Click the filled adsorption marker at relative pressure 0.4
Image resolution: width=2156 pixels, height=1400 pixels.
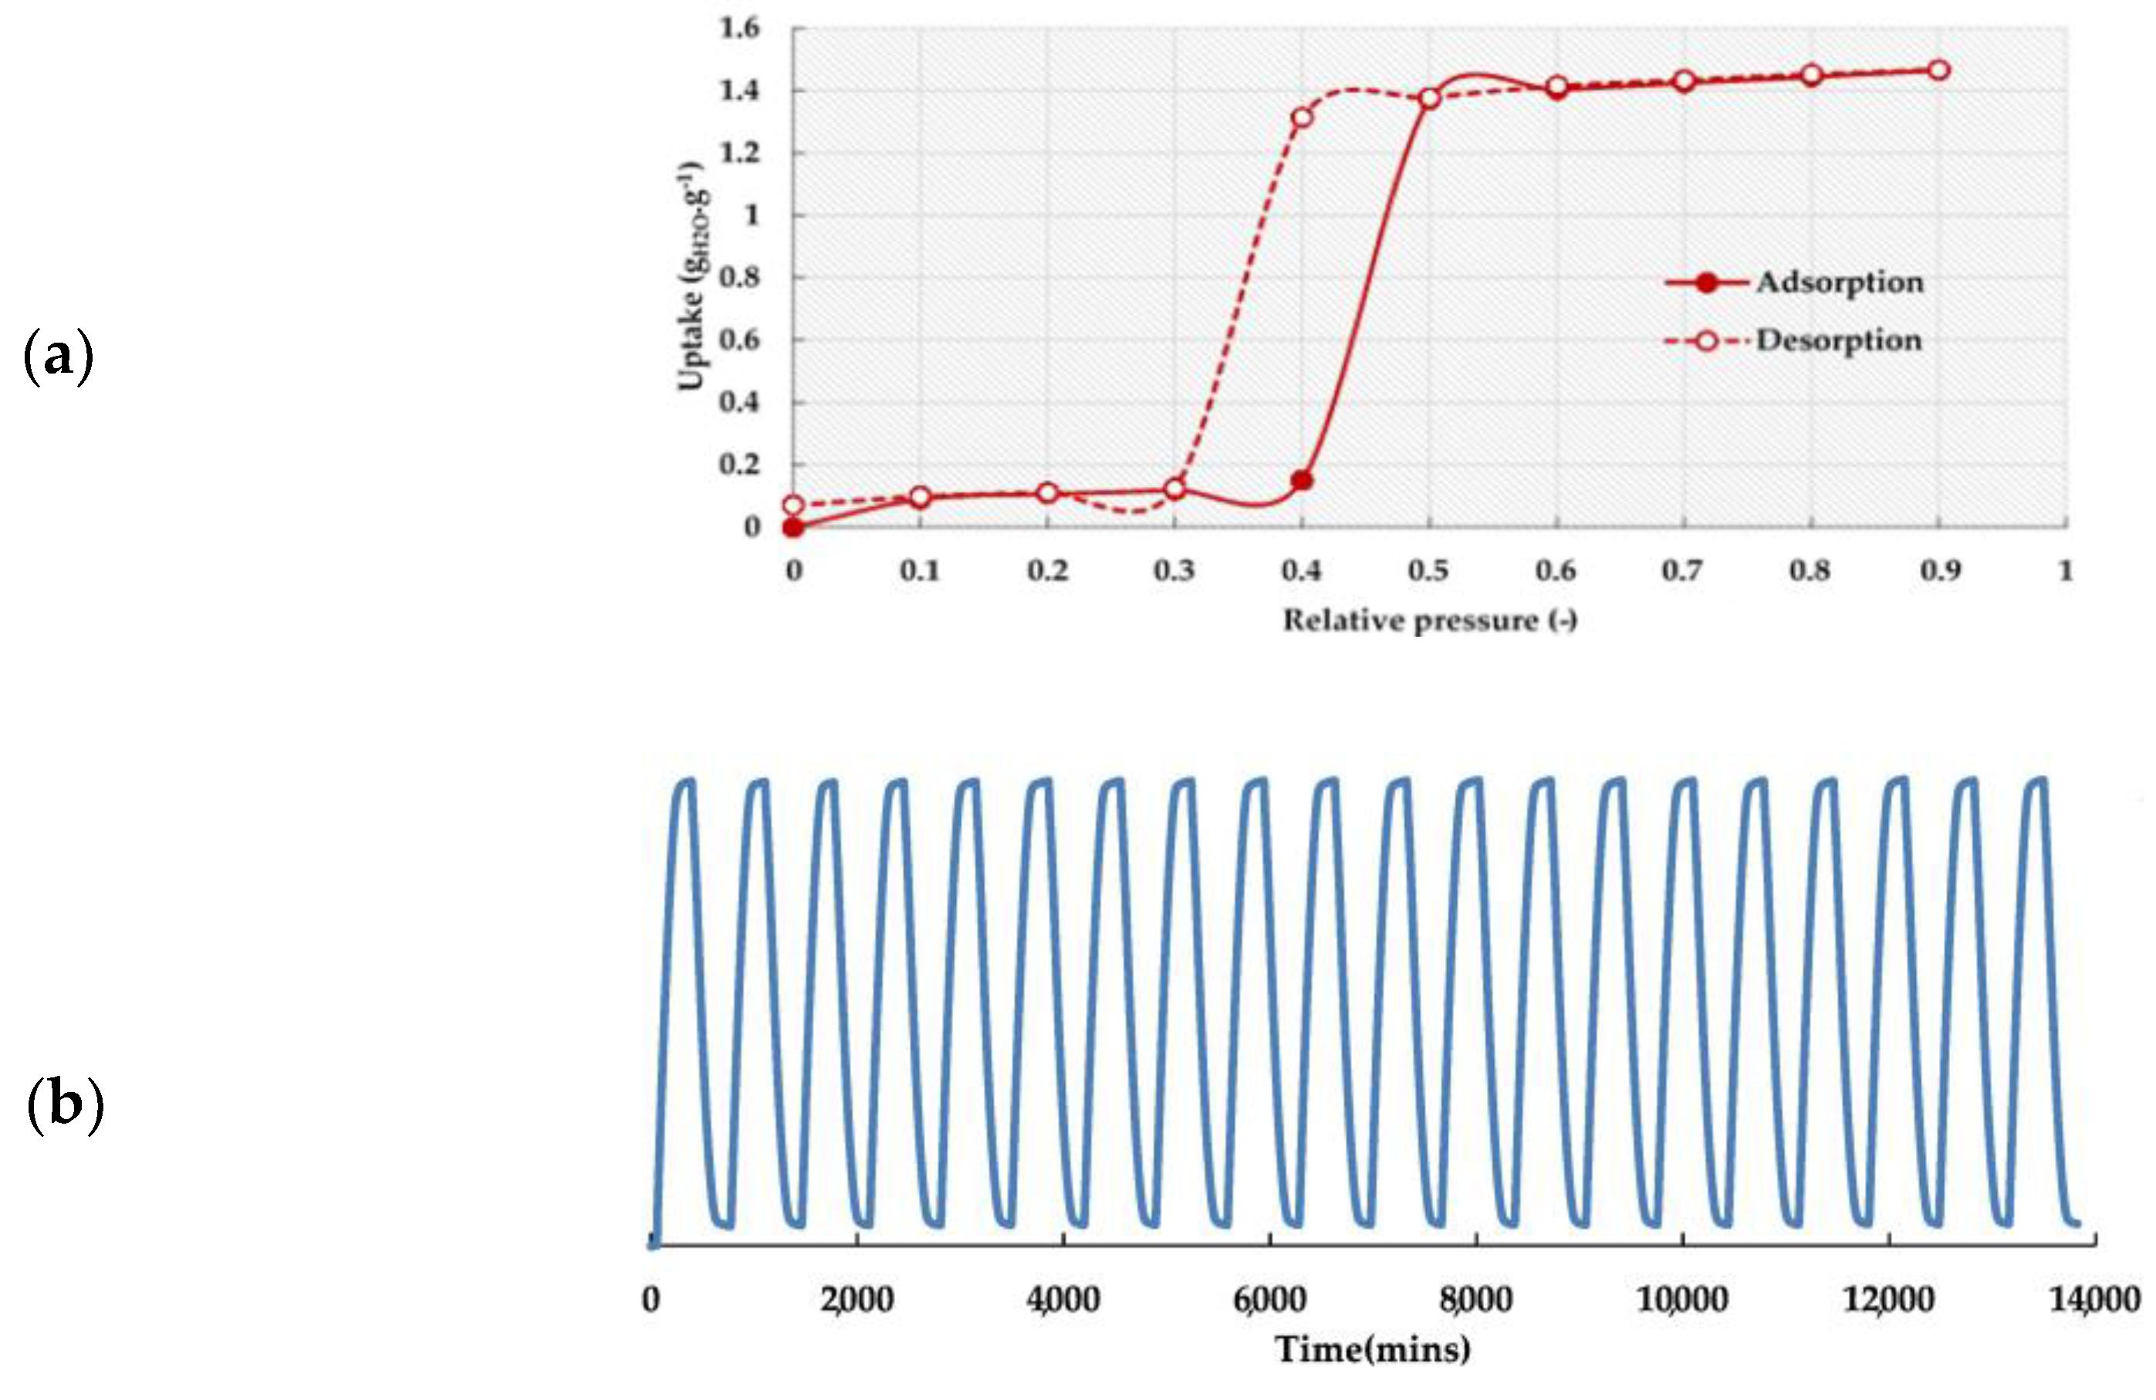click(1302, 480)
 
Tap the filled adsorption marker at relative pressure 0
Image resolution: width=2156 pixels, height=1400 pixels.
click(792, 527)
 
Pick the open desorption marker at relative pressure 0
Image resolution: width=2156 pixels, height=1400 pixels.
click(792, 505)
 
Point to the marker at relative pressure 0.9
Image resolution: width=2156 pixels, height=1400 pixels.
click(1938, 69)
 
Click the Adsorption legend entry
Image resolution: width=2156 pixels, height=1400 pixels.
click(1839, 282)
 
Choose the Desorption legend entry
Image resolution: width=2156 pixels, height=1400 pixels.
click(1839, 340)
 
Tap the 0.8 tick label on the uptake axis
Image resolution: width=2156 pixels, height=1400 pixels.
click(739, 277)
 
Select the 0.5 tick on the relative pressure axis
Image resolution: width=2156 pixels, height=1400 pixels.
click(1428, 571)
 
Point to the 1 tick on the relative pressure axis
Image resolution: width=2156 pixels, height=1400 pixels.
click(2066, 571)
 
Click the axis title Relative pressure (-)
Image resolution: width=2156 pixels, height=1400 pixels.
click(1429, 621)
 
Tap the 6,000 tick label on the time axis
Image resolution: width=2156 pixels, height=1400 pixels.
click(1269, 1300)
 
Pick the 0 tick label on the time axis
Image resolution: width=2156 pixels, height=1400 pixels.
click(651, 1300)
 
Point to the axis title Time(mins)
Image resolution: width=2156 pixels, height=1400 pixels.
click(1373, 1350)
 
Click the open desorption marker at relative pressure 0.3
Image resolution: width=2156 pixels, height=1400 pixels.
click(1175, 489)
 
